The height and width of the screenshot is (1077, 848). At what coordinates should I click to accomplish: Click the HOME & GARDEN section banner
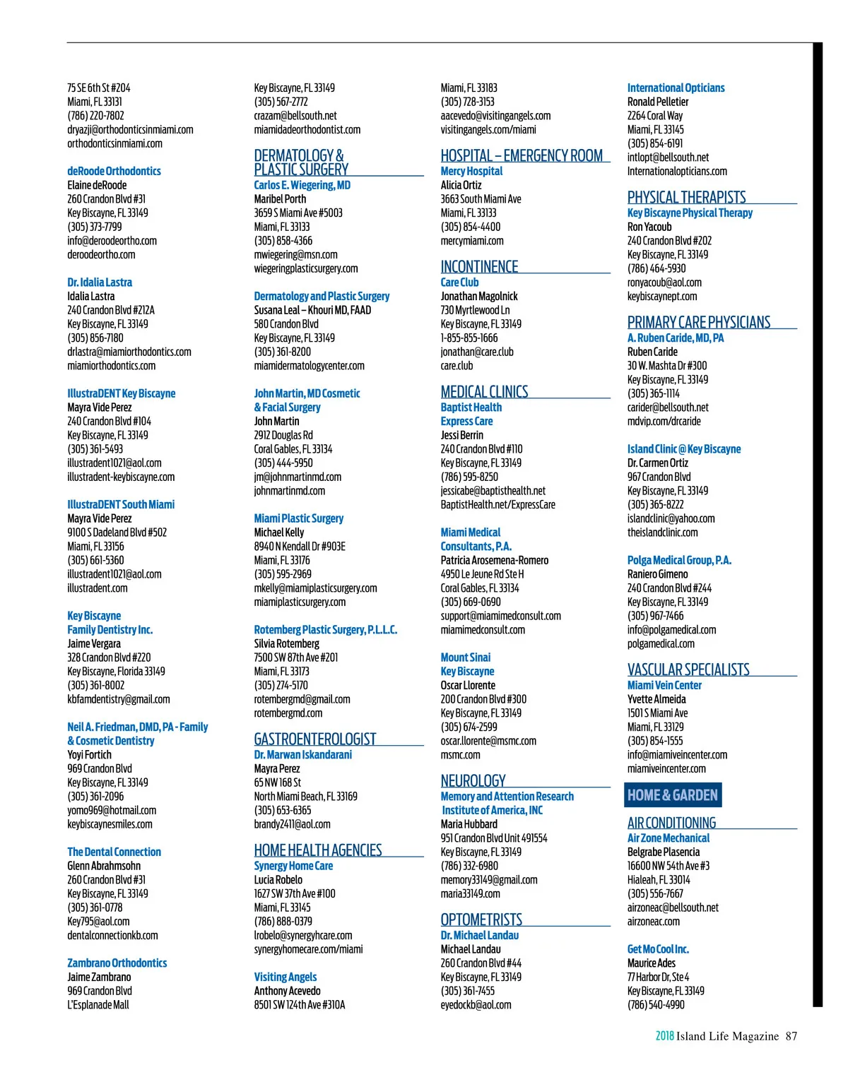[672, 795]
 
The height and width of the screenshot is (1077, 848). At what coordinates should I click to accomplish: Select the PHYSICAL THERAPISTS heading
[686, 197]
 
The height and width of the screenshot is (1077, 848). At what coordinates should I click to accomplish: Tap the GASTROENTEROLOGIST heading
[314, 739]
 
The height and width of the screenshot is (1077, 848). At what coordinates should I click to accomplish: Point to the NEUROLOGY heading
[473, 780]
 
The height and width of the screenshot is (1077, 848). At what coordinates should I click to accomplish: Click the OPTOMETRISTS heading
[481, 919]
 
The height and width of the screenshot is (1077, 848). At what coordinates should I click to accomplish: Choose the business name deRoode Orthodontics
[114, 171]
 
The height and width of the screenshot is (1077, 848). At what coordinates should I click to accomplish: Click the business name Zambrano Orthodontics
[117, 963]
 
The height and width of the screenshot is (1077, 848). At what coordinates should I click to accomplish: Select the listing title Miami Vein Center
[664, 685]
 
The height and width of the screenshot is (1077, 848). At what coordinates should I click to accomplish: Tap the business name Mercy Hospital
[471, 171]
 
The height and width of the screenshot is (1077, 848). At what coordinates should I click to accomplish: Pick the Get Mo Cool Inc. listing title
[657, 949]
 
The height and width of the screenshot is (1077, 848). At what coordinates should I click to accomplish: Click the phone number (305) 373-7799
[94, 227]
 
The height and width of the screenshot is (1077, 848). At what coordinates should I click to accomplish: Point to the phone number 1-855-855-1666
[469, 338]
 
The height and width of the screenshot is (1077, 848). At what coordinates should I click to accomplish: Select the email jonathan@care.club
[476, 352]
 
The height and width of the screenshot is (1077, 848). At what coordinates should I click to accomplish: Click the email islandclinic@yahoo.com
[671, 518]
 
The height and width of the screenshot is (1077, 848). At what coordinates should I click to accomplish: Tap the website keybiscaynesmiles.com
[110, 824]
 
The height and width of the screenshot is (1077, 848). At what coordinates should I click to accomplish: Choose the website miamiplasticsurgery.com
[300, 602]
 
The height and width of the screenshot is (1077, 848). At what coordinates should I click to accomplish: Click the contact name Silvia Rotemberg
[286, 643]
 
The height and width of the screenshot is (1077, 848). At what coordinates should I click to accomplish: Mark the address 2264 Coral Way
[654, 115]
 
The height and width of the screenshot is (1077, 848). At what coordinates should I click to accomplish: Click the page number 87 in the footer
[791, 1036]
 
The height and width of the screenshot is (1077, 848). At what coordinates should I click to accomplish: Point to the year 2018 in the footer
[664, 1036]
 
